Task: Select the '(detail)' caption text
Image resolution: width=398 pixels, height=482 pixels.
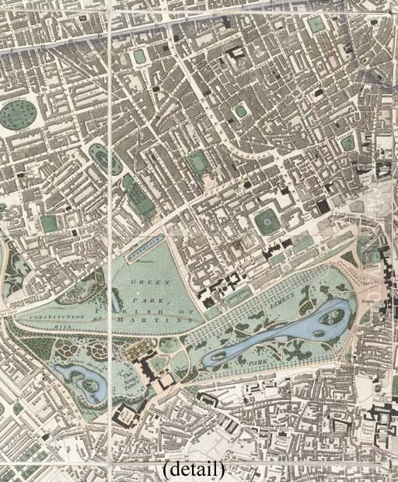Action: click(x=194, y=470)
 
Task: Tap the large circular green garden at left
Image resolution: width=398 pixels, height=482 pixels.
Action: click(x=19, y=115)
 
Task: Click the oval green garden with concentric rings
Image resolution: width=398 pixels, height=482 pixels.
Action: click(x=103, y=158)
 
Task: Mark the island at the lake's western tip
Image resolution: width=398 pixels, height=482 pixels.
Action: click(x=221, y=355)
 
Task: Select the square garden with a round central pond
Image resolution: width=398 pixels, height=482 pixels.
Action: click(x=269, y=222)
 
